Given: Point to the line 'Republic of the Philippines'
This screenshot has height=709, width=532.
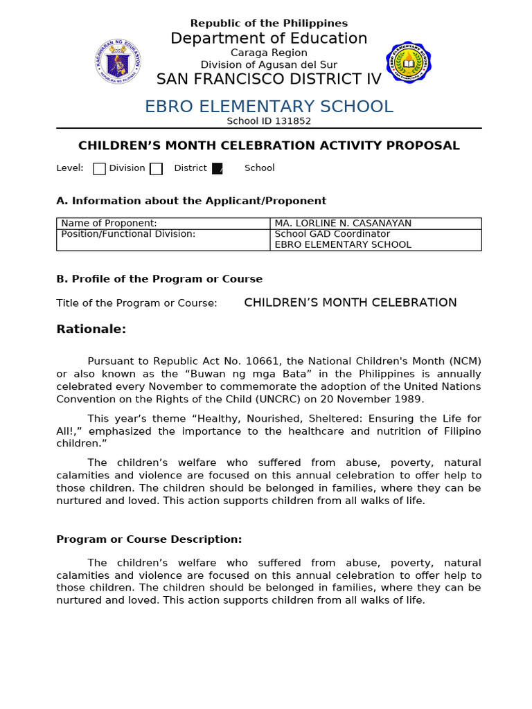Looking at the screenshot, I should coord(269,24).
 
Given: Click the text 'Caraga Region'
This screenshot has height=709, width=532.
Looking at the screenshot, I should coord(269,53).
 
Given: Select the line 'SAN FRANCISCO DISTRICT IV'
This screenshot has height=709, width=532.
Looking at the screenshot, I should coord(269,80).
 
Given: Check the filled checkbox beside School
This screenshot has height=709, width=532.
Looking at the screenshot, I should coord(218,168).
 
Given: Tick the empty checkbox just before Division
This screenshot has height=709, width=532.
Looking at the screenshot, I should coord(99,168).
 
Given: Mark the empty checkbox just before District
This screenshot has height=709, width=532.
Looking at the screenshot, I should coord(156,168).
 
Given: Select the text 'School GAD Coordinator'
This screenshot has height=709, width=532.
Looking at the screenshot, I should coord(332,234).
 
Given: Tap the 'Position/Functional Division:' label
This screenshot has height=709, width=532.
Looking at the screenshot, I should coord(128,234).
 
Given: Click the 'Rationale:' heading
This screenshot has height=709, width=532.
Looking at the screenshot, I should coord(91,330).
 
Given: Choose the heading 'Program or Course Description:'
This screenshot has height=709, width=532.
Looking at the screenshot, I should coord(149,539).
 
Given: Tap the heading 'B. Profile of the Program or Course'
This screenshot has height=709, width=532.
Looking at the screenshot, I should coord(159,279).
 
